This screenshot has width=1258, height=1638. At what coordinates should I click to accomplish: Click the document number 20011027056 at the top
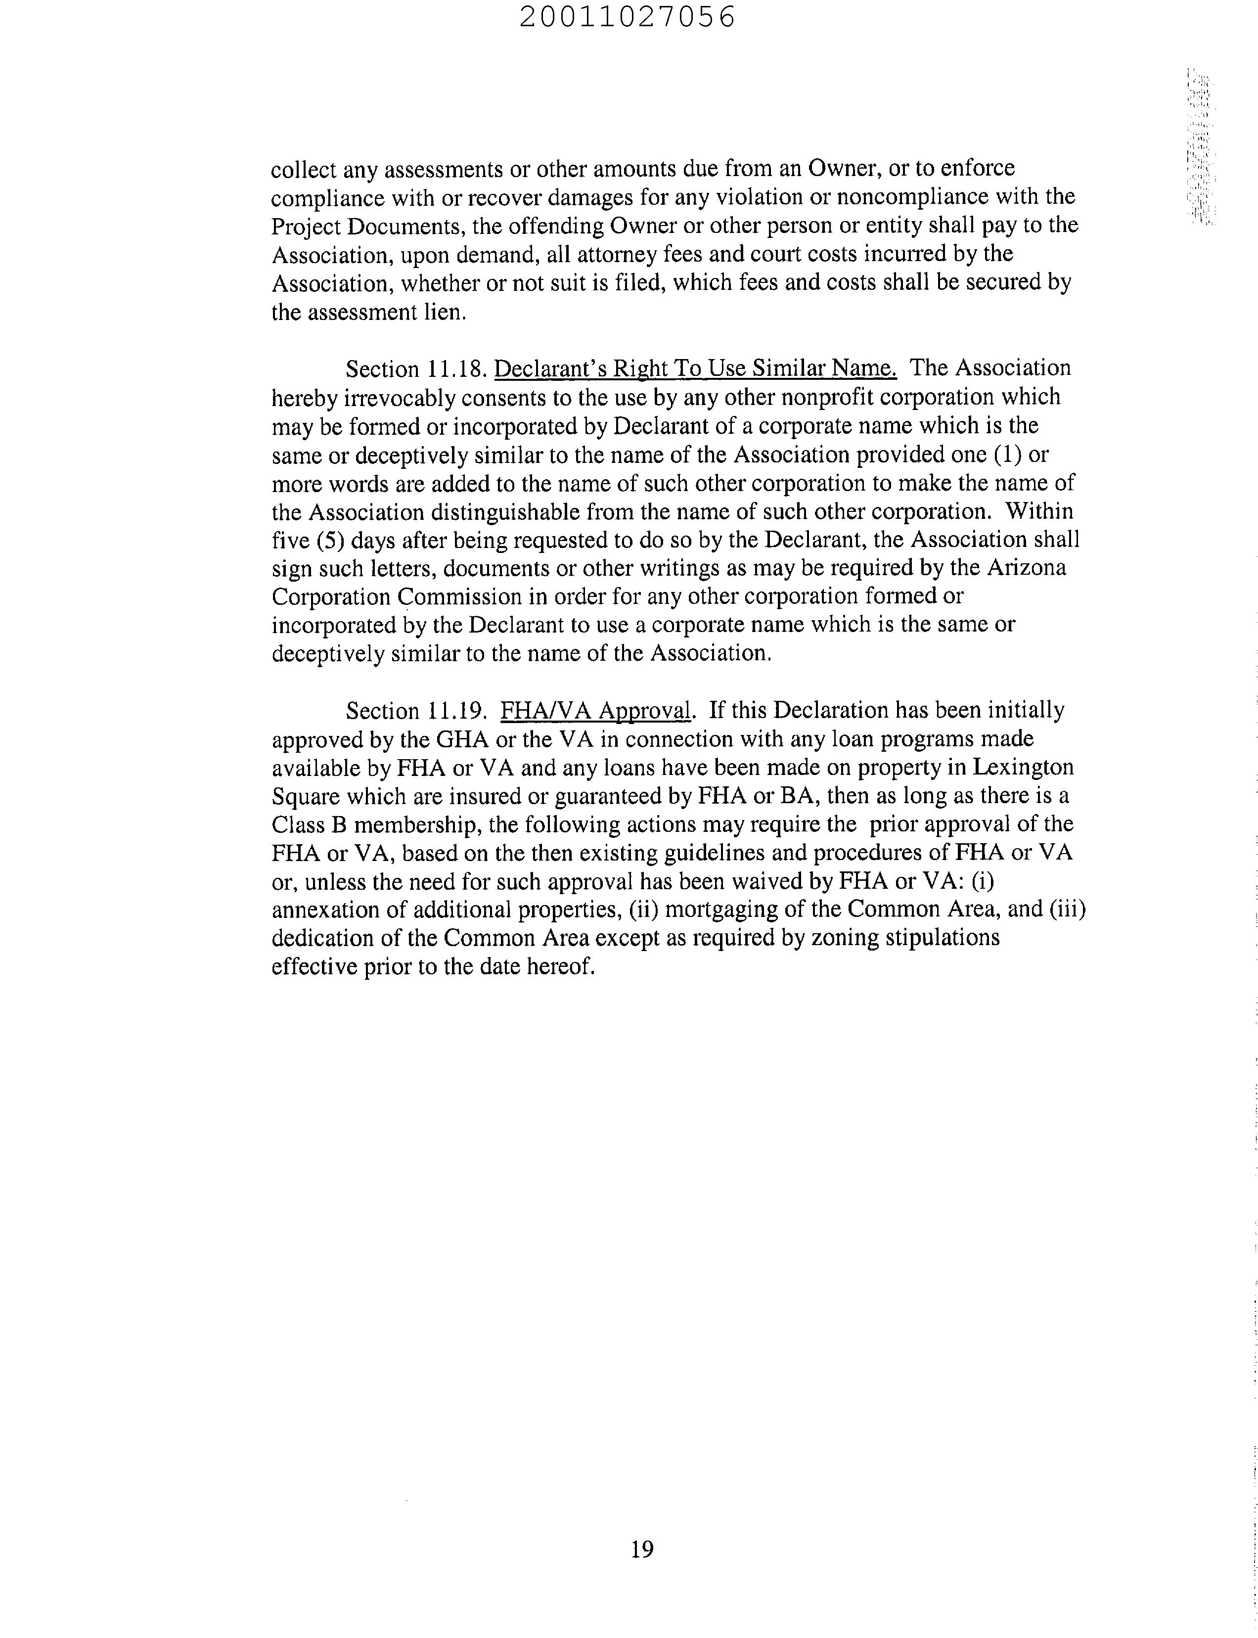[x=628, y=17]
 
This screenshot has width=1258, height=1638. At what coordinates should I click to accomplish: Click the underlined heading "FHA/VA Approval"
[x=594, y=711]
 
